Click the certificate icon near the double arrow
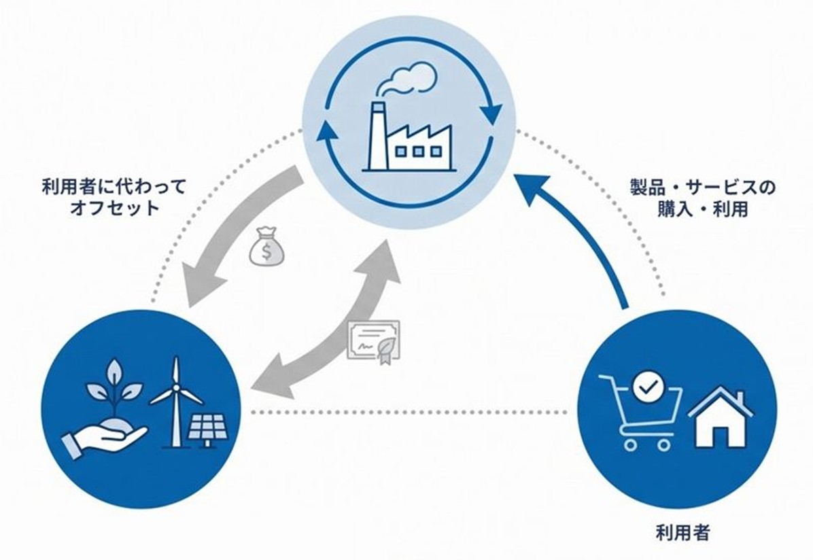373,340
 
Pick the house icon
721,418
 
